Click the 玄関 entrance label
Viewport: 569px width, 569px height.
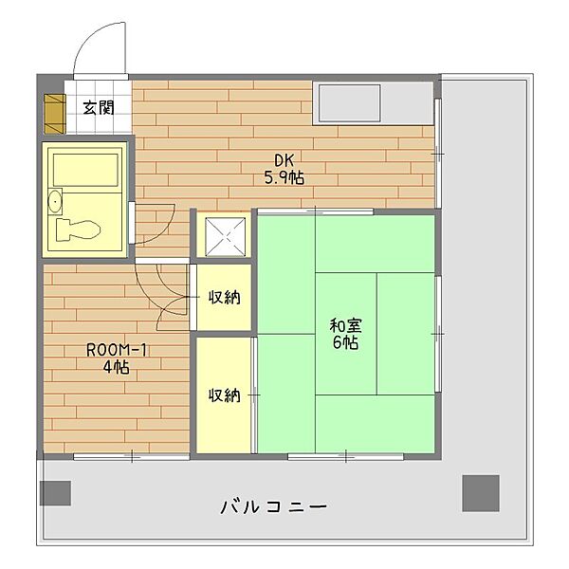point(98,107)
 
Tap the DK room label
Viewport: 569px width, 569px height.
point(284,159)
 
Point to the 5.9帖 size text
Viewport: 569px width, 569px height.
point(284,177)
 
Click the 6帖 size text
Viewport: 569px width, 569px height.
point(345,344)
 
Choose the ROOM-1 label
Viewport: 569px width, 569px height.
point(115,350)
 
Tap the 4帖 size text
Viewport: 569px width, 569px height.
point(115,368)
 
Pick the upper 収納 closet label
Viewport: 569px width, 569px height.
point(225,298)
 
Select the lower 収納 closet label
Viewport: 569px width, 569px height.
point(225,395)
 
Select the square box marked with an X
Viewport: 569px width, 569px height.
point(225,236)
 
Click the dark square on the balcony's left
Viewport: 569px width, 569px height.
point(56,492)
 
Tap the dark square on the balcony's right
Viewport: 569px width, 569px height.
point(480,491)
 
